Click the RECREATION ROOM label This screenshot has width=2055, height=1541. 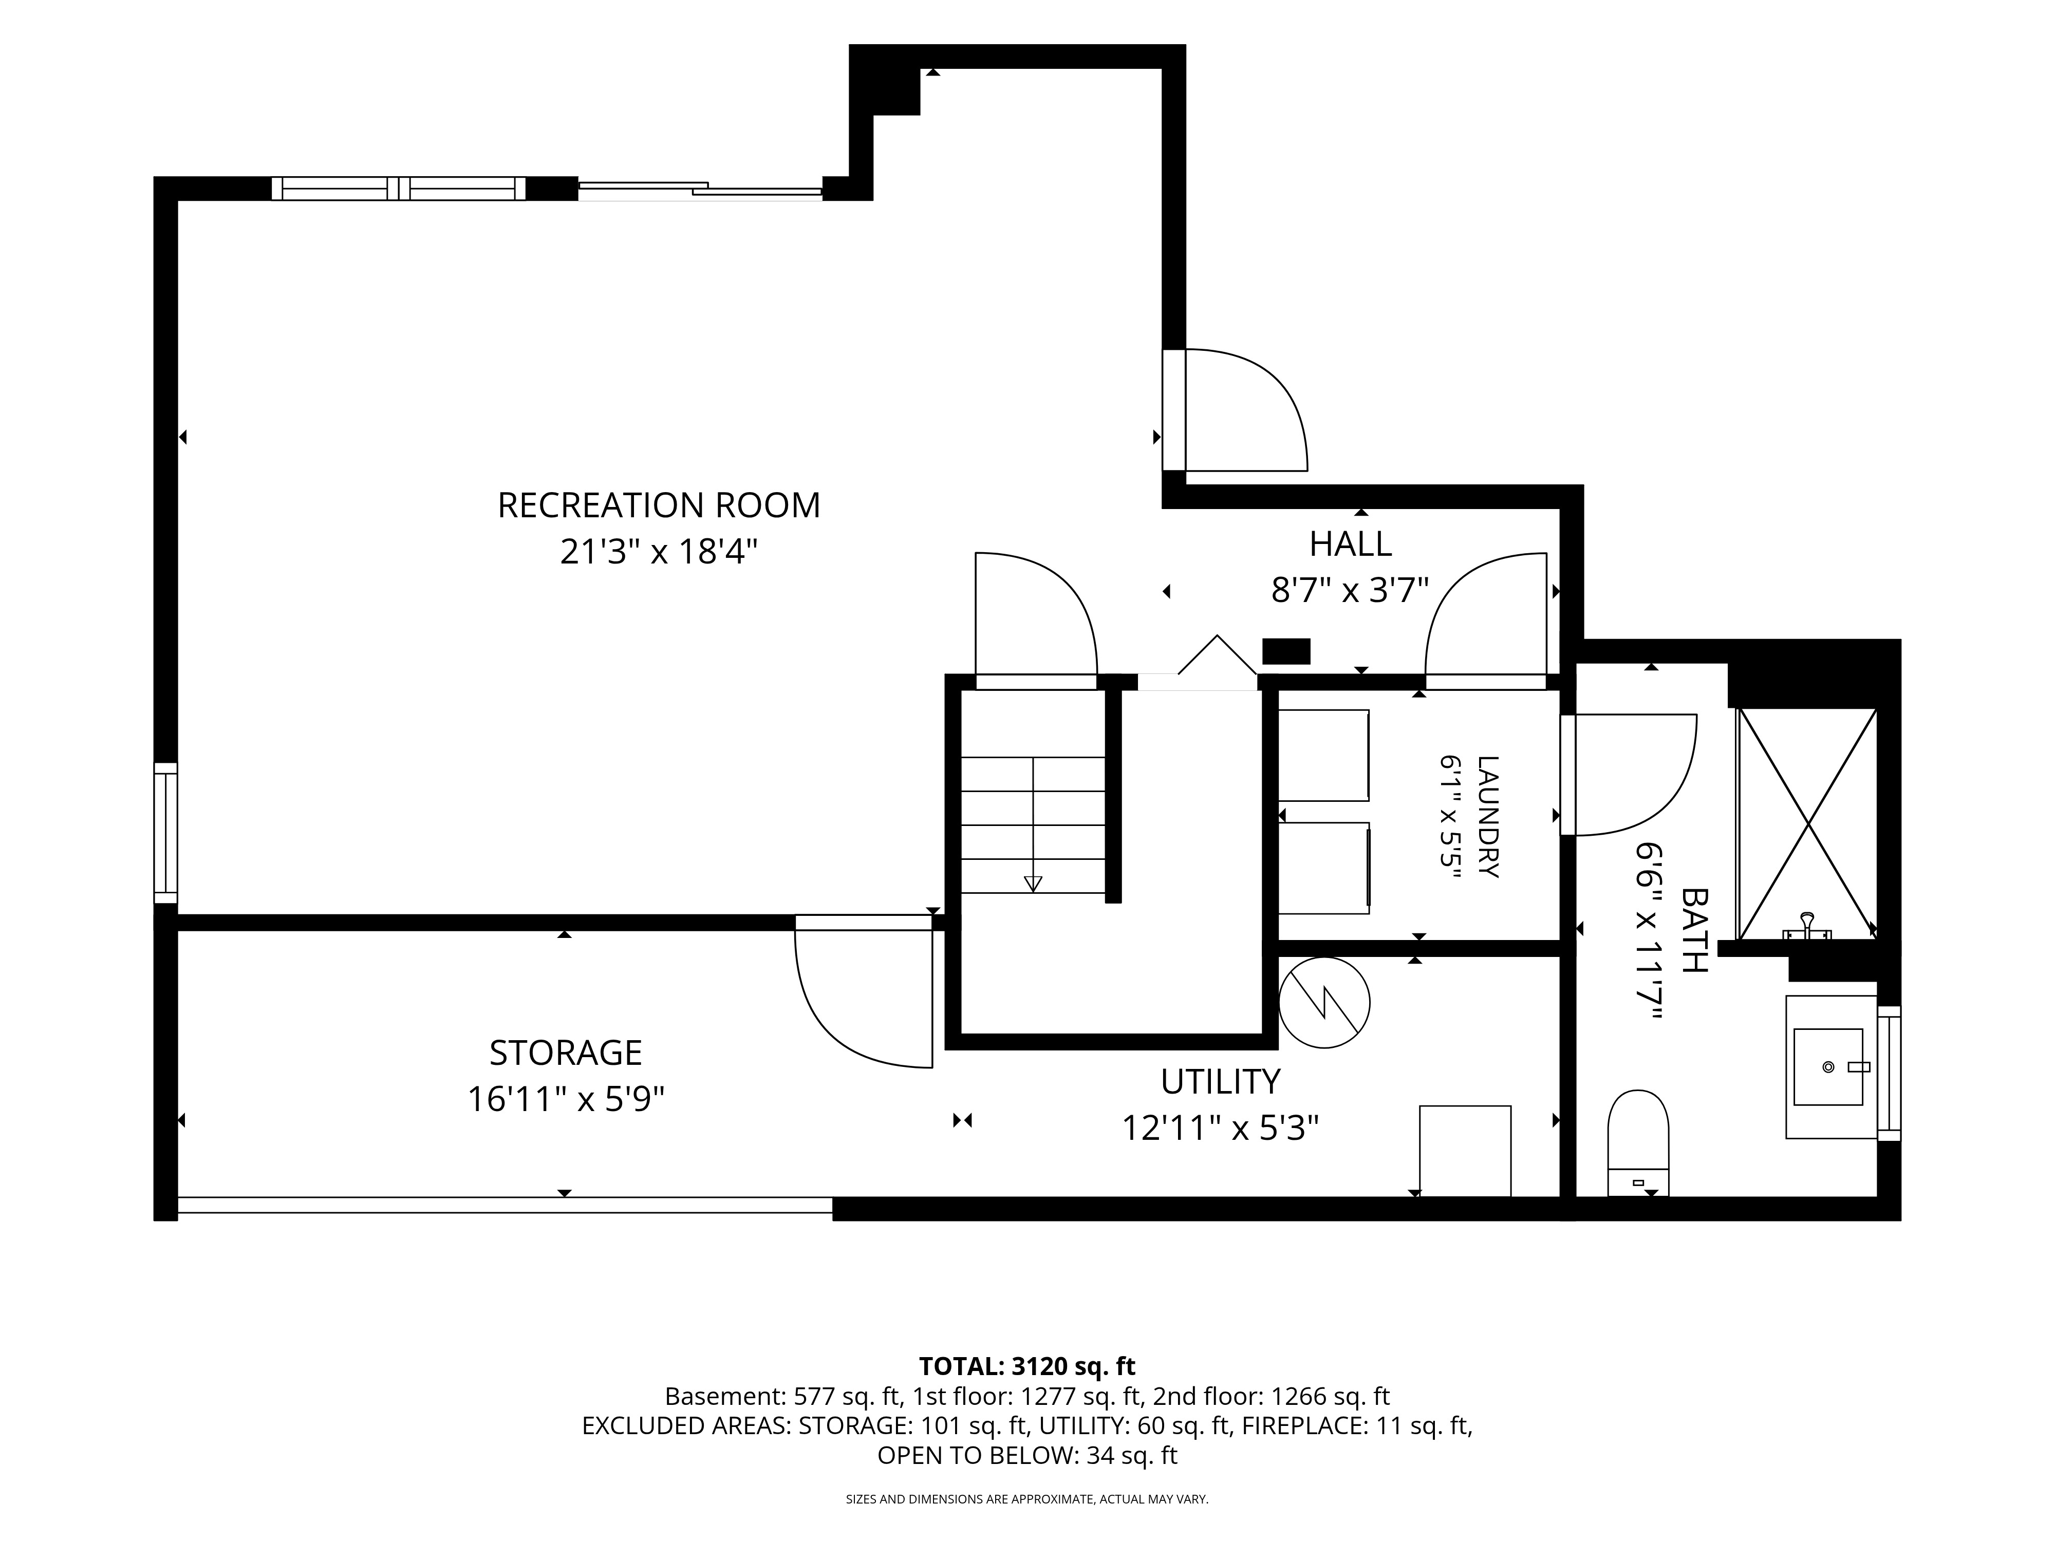coord(659,505)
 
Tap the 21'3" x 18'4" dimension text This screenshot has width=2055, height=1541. coord(659,553)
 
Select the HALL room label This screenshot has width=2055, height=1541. coord(1350,543)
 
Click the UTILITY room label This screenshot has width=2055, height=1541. coord(1220,1081)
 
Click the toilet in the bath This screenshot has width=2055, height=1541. coord(1638,1143)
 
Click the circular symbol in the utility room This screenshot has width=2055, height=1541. coord(1324,1003)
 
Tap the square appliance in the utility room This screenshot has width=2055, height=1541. coord(1465,1151)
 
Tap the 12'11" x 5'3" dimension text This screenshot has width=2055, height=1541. coord(1220,1129)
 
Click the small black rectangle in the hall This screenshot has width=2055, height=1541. coord(1286,651)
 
